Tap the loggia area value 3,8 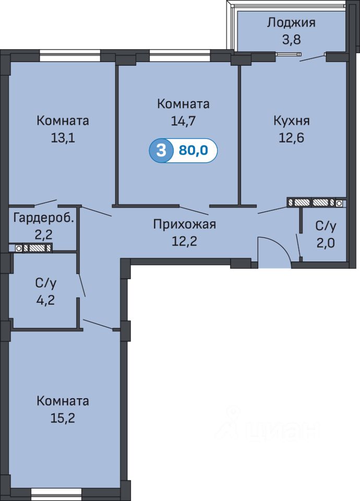(x=291, y=40)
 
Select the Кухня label (x=291, y=121)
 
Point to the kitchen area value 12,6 (x=291, y=138)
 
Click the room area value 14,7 (x=183, y=121)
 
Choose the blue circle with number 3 (x=161, y=150)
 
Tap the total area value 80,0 (x=193, y=150)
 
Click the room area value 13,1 (x=63, y=138)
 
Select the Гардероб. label (x=44, y=219)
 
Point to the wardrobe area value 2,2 (x=43, y=235)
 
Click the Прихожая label (x=184, y=224)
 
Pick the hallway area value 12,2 (x=184, y=241)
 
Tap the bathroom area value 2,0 (x=326, y=243)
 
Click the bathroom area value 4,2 (x=46, y=300)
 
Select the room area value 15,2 (x=63, y=418)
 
